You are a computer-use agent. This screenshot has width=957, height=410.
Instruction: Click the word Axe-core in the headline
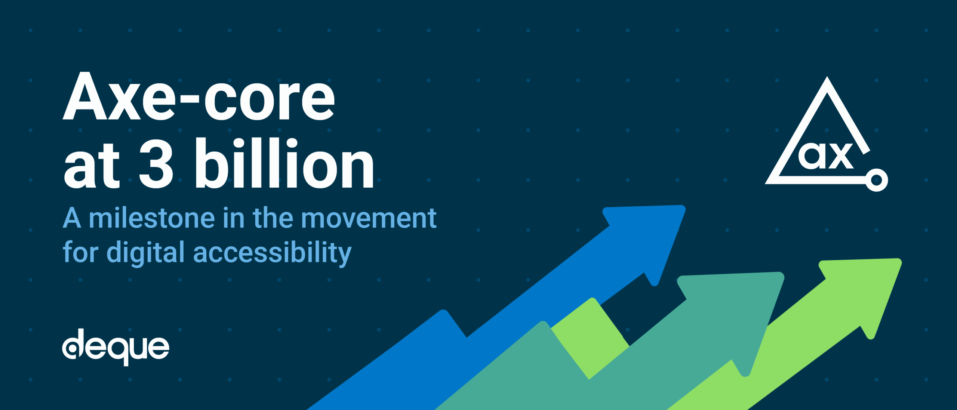click(x=199, y=97)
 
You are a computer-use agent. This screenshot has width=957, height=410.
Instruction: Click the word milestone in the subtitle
click(x=152, y=218)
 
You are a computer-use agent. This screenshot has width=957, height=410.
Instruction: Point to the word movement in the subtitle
click(x=369, y=218)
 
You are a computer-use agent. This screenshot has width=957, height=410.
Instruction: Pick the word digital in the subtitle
click(x=145, y=253)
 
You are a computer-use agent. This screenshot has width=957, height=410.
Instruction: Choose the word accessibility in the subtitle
click(x=272, y=253)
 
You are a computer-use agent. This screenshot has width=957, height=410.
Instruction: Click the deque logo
click(x=116, y=347)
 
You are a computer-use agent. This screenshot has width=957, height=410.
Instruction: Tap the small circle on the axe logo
click(x=877, y=180)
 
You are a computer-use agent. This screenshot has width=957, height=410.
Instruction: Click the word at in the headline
click(x=92, y=166)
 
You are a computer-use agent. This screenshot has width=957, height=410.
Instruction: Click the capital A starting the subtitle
click(x=72, y=218)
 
